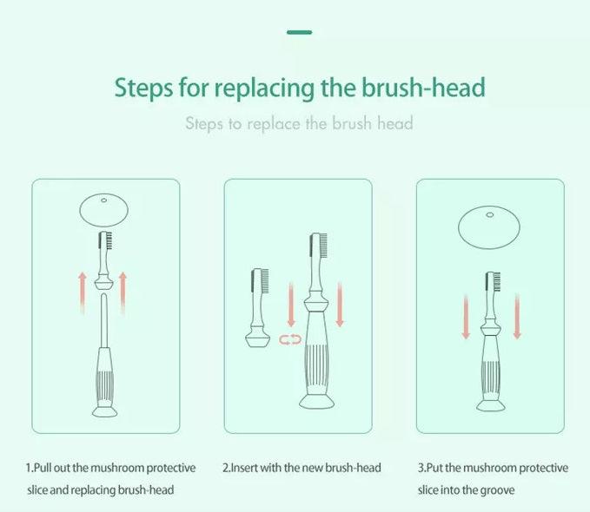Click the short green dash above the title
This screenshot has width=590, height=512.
coord(299,32)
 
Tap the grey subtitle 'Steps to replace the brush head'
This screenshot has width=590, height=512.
coord(299,123)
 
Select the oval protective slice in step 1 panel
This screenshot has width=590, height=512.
coord(104,209)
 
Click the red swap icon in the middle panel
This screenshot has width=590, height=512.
coord(289,340)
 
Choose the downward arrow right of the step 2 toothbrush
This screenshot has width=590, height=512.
coord(340,304)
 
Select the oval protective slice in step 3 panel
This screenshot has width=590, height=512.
coord(488,226)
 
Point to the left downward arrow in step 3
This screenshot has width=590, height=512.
coord(466,317)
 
